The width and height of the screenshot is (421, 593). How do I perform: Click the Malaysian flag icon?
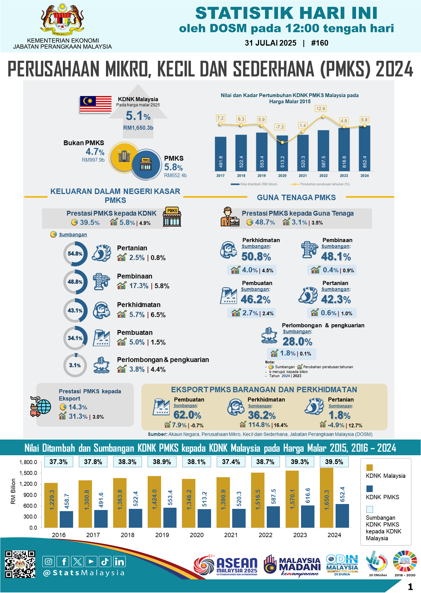pos(96,104)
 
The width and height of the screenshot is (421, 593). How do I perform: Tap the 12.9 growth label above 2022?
pos(321,109)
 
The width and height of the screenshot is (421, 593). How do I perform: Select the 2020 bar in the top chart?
pos(282,153)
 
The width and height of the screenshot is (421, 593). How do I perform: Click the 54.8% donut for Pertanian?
pos(75,254)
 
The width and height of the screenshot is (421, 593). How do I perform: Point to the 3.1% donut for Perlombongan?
pos(75,365)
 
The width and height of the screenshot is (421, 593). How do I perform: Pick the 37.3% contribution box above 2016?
pos(59,462)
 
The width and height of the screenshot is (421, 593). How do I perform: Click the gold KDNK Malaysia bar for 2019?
pos(154,502)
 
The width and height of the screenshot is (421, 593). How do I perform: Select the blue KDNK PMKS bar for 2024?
pos(342,516)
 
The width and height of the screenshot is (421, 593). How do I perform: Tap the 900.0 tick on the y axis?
pos(30,495)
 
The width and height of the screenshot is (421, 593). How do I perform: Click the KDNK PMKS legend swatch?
pos(370,489)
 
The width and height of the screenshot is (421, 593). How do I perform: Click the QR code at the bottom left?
pos(20,564)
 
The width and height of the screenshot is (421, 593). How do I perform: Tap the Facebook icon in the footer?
pos(63,562)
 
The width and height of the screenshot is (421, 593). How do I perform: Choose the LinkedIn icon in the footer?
pos(119,562)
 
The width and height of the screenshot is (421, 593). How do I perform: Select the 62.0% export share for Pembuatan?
pos(187,415)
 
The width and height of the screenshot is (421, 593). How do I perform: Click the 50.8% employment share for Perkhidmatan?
pos(256,257)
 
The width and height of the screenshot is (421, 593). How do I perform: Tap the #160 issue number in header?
pos(320,43)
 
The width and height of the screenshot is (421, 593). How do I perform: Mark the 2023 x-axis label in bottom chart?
pos(300,535)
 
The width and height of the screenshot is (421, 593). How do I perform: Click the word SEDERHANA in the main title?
pos(273,69)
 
